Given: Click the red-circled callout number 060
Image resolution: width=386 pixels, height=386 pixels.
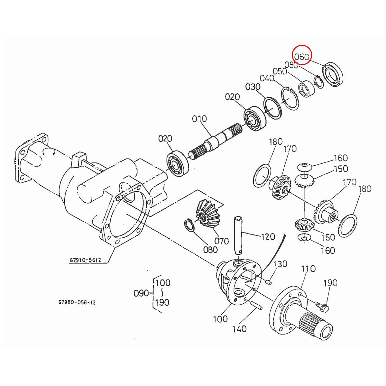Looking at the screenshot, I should [302, 57].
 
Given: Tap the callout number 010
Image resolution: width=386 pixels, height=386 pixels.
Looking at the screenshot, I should [199, 119].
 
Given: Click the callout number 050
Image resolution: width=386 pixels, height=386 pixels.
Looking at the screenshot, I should [280, 71].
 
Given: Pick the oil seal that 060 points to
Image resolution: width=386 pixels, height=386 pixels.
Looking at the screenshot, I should [333, 76].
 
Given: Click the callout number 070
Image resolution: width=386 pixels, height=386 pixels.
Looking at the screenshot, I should [221, 241].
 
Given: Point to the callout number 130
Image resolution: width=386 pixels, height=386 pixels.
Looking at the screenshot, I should [280, 264].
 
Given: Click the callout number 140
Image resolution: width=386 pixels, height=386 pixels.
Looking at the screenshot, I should [239, 329].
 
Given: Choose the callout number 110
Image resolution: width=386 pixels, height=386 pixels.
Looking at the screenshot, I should [308, 269].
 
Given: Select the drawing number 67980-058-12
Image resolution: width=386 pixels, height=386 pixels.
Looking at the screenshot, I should [77, 302].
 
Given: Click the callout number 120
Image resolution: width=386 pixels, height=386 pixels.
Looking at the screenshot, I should [268, 237].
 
